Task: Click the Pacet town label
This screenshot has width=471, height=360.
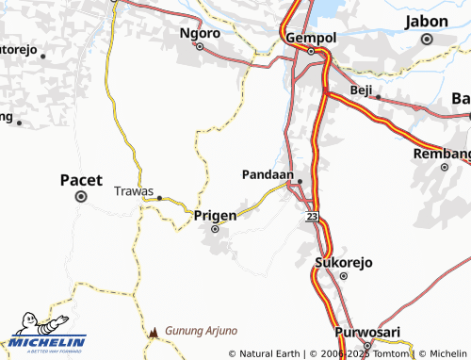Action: (81, 179)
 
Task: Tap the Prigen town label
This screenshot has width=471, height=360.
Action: (215, 215)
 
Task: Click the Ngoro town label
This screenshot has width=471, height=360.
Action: (200, 33)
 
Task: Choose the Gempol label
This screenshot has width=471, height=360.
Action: (310, 38)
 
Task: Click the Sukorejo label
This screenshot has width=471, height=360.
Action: (339, 262)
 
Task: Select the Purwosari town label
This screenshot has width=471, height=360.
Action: (368, 332)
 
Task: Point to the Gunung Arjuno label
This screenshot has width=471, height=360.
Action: (201, 332)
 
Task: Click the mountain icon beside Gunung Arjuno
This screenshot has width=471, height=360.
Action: (154, 333)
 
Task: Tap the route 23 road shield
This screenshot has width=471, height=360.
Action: (312, 217)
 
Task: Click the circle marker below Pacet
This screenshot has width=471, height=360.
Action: (81, 197)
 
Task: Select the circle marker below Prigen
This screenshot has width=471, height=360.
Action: (215, 229)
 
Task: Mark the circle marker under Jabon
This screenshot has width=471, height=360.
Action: (427, 40)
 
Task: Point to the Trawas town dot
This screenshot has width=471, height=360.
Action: (160, 197)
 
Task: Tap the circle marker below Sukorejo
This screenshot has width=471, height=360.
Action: (343, 276)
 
